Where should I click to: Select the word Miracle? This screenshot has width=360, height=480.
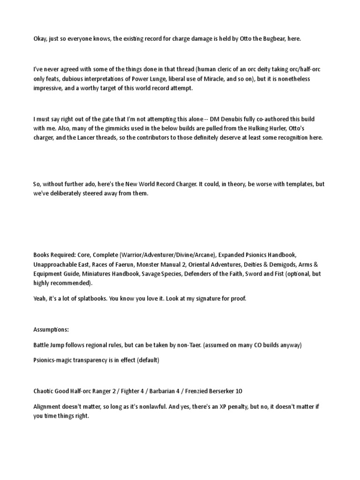(x=210, y=79)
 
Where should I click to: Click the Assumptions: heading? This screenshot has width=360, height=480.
(x=51, y=330)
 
